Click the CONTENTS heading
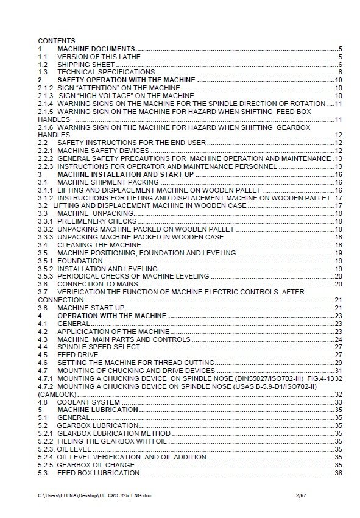[x=57, y=41]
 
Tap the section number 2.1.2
[x=46, y=88]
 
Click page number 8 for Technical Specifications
[x=339, y=72]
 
